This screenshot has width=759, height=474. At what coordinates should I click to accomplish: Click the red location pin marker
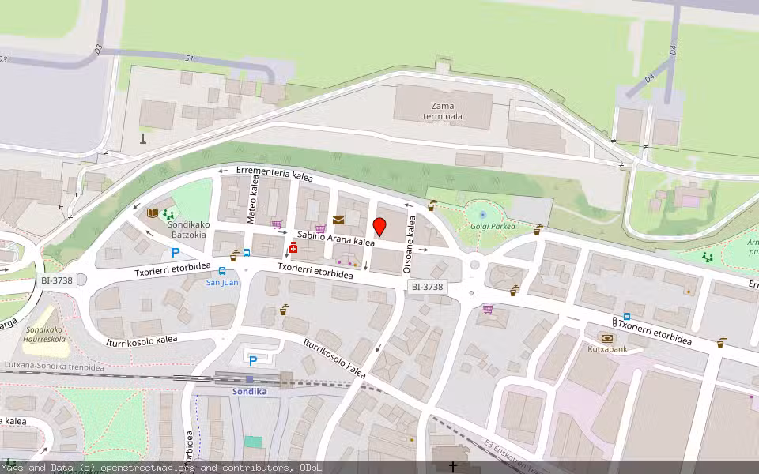click(379, 226)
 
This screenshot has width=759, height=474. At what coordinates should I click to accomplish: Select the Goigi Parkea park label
click(493, 225)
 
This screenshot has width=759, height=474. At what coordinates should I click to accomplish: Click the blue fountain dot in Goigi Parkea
click(482, 214)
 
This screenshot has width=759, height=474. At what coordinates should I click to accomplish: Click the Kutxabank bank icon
click(606, 337)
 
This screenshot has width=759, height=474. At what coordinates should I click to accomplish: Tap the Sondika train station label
click(249, 391)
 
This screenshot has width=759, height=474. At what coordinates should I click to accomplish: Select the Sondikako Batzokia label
click(187, 229)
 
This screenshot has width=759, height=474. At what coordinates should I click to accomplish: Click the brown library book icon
click(153, 213)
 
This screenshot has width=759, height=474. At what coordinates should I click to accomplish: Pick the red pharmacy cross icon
click(293, 249)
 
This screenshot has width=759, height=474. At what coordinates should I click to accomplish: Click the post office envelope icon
click(338, 220)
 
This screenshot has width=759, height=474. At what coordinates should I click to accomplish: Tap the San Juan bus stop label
click(222, 282)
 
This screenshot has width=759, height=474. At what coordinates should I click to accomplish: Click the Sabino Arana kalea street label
click(335, 239)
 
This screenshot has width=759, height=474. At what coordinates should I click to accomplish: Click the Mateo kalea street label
click(254, 203)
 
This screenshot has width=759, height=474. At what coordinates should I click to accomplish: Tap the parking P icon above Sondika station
click(252, 360)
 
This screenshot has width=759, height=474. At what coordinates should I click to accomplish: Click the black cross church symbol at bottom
click(454, 467)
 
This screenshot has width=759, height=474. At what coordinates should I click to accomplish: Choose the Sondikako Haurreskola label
click(45, 334)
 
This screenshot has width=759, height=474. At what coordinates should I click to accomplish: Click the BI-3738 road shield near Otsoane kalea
click(427, 287)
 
